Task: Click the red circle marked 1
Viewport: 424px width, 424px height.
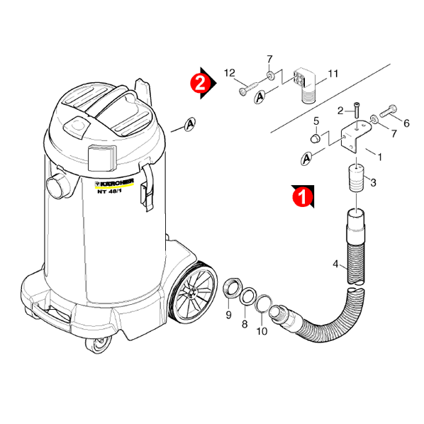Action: point(303,197)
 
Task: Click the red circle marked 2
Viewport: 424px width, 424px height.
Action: point(201,83)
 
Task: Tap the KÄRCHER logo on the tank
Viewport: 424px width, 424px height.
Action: point(114,183)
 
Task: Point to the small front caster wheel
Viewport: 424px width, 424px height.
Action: point(98,345)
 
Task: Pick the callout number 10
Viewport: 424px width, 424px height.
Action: point(262,330)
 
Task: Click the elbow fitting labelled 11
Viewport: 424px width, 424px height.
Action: point(304,85)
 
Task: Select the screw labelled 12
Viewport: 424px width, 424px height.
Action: point(249,89)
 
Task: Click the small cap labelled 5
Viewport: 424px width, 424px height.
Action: point(315,138)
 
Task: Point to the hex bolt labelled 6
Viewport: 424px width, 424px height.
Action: point(389,111)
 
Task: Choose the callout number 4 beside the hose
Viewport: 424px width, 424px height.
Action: point(335,264)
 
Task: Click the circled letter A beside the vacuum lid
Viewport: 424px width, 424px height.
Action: point(190,125)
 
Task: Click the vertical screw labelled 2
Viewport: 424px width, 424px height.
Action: point(357,110)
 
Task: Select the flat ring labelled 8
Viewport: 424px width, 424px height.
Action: point(247,296)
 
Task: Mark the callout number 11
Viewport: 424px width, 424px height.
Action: point(333,74)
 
